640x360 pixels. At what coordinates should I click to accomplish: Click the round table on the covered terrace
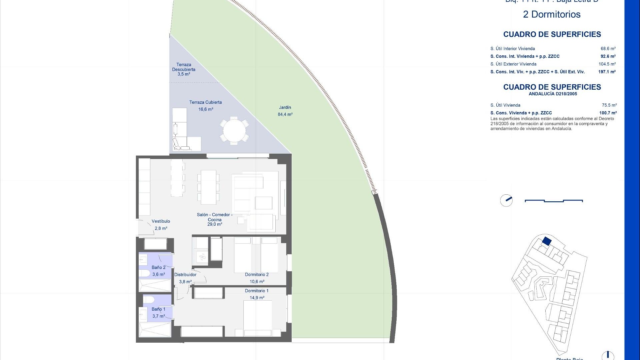pyautogui.click(x=234, y=130)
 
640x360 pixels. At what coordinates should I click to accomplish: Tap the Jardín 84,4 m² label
pyautogui.click(x=285, y=111)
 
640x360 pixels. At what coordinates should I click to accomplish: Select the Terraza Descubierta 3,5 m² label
pyautogui.click(x=184, y=69)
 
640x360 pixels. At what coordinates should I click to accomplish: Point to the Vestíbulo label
pyautogui.click(x=161, y=221)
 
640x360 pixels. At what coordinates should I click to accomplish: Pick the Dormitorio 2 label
pyautogui.click(x=257, y=275)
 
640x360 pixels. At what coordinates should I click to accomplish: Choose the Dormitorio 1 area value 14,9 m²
pyautogui.click(x=257, y=298)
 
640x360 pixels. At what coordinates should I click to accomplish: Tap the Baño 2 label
pyautogui.click(x=159, y=267)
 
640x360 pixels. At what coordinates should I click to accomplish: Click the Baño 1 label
pyautogui.click(x=159, y=309)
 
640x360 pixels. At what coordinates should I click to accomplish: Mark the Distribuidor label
pyautogui.click(x=185, y=275)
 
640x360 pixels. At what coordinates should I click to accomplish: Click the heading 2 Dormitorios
pyautogui.click(x=552, y=14)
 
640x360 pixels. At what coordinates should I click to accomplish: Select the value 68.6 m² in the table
pyautogui.click(x=608, y=49)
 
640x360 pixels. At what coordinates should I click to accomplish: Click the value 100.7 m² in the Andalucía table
pyautogui.click(x=608, y=113)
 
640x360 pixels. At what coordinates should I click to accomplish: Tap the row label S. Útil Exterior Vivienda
pyautogui.click(x=513, y=64)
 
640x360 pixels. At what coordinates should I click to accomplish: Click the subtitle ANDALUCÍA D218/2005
pyautogui.click(x=553, y=94)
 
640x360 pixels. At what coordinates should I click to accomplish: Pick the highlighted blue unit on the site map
pyautogui.click(x=546, y=241)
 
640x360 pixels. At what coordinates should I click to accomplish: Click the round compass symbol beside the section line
pyautogui.click(x=506, y=200)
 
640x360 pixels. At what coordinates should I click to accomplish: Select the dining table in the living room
pyautogui.click(x=208, y=187)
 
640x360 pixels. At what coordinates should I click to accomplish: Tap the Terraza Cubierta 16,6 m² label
pyautogui.click(x=206, y=106)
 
